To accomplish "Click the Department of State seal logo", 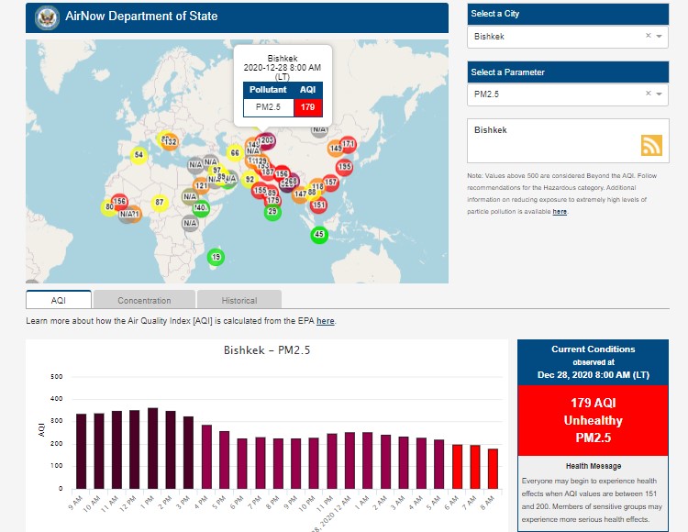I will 46,17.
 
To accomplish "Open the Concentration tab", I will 144,300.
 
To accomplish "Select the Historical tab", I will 239,300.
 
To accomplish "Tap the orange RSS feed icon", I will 651,145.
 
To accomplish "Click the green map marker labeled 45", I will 319,235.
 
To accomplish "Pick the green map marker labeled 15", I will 216,257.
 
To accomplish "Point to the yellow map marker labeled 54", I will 139,155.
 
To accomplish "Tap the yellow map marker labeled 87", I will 160,203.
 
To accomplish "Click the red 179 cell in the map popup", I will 307,107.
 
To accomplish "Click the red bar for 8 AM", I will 493,468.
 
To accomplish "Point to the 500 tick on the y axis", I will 57,377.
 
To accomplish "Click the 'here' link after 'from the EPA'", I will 326,321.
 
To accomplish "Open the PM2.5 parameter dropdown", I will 567,94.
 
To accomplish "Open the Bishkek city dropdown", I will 567,37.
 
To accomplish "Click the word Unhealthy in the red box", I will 593,421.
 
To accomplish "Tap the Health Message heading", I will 593,466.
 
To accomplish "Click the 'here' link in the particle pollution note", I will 560,212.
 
